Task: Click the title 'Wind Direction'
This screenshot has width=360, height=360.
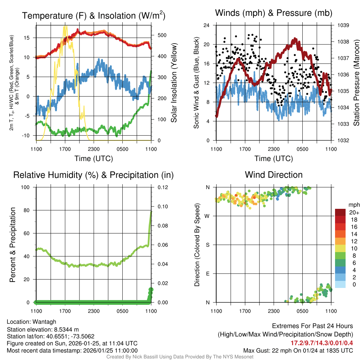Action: [274, 175]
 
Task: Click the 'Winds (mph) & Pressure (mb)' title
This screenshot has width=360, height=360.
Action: [274, 13]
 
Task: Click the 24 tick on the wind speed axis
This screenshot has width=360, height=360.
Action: [207, 25]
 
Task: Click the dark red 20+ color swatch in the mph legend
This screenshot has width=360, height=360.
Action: [340, 212]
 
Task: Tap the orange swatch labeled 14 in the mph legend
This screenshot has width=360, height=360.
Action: [340, 234]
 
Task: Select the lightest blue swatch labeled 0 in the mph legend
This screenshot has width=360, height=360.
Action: [340, 284]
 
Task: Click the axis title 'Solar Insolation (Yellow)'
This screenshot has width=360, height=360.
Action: [174, 83]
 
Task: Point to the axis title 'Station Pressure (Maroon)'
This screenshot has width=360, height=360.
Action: [356, 83]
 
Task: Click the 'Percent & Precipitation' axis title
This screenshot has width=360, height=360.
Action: [13, 245]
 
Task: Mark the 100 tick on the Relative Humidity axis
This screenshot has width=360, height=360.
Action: [26, 187]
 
